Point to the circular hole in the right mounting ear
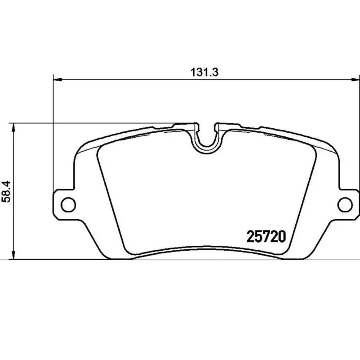pyautogui.click(x=345, y=204)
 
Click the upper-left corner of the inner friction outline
pyautogui.click(x=100, y=151)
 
